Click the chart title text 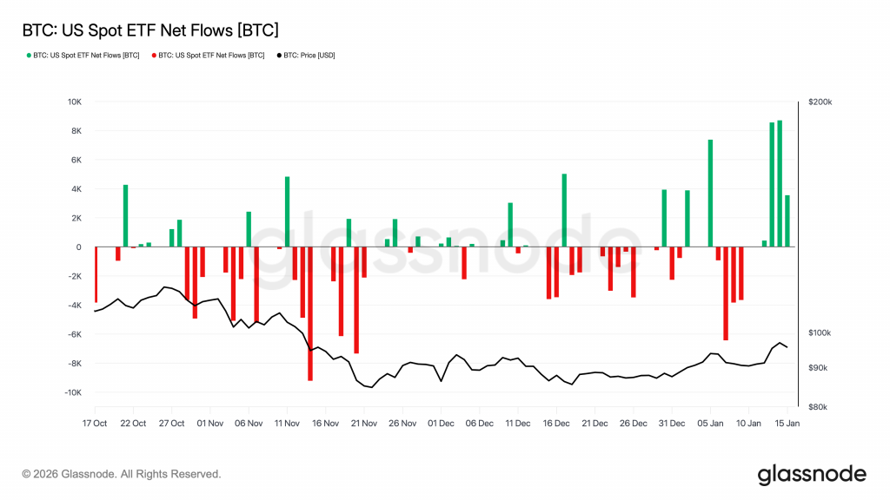(149, 30)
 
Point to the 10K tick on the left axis (74, 102)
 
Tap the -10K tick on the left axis (72, 392)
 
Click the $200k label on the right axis (820, 102)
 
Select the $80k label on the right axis (820, 406)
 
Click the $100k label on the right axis (820, 333)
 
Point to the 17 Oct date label (94, 423)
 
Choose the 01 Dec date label (441, 423)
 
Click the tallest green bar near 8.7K (780, 184)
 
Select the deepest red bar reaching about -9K (310, 313)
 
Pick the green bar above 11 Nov (287, 212)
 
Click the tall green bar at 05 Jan (710, 193)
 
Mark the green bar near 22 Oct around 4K (125, 216)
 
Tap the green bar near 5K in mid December (564, 210)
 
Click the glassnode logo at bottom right (811, 474)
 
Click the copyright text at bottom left (122, 474)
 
